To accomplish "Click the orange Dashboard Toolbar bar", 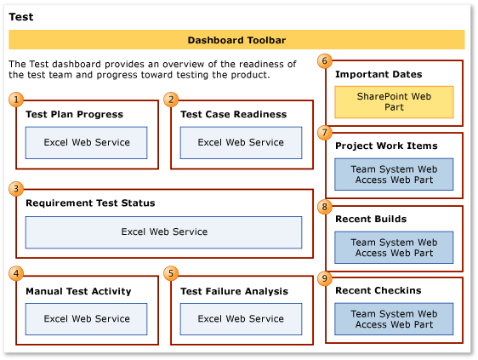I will click(x=236, y=40).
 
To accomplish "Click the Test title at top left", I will click(x=21, y=16).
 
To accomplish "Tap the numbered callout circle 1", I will click(x=16, y=100).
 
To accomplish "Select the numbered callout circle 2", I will click(x=171, y=100).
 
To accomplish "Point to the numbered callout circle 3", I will click(x=16, y=188).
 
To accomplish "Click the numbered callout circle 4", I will click(x=16, y=273).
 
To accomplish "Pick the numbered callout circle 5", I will click(x=171, y=273).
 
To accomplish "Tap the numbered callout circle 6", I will click(x=324, y=60).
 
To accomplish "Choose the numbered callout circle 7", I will click(x=324, y=132).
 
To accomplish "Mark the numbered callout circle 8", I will click(x=324, y=206).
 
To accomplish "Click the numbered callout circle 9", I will click(x=324, y=277).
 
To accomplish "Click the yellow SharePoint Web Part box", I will click(x=393, y=102).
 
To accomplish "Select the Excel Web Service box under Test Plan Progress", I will click(x=86, y=143).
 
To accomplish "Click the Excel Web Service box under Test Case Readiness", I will click(x=241, y=143).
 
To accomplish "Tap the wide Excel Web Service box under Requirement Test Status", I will click(x=163, y=231).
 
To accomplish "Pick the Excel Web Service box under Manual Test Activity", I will click(x=86, y=319).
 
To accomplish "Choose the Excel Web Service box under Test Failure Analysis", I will click(x=241, y=319).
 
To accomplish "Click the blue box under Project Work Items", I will click(x=393, y=174).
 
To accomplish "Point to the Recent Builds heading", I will click(x=370, y=220).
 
